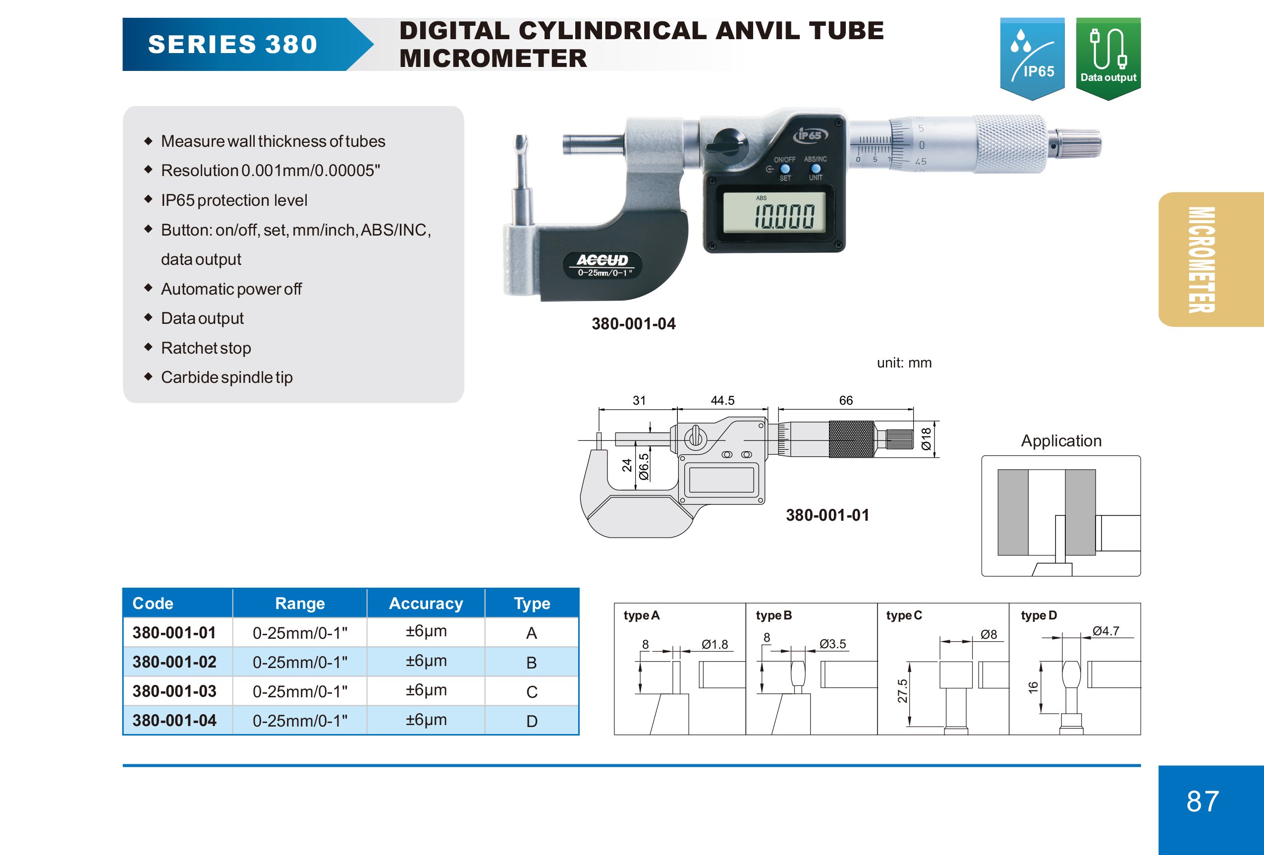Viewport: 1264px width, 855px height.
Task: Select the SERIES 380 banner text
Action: (233, 45)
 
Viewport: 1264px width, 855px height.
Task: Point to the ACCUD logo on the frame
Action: (602, 261)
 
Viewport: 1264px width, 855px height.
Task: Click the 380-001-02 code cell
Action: (174, 662)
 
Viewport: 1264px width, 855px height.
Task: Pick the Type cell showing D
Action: (531, 721)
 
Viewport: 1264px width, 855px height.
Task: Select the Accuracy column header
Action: (426, 603)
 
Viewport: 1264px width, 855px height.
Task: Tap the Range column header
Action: (300, 603)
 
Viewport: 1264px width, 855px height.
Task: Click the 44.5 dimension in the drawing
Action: (722, 401)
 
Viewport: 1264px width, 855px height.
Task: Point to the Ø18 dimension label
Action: (926, 438)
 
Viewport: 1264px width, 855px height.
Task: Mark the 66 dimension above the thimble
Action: (846, 401)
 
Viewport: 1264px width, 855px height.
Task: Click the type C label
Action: (903, 615)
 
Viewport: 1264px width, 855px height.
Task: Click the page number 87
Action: (1203, 801)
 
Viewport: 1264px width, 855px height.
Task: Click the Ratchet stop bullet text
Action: (206, 348)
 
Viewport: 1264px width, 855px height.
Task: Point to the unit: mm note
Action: (904, 363)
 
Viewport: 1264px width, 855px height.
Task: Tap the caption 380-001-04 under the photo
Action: (634, 324)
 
